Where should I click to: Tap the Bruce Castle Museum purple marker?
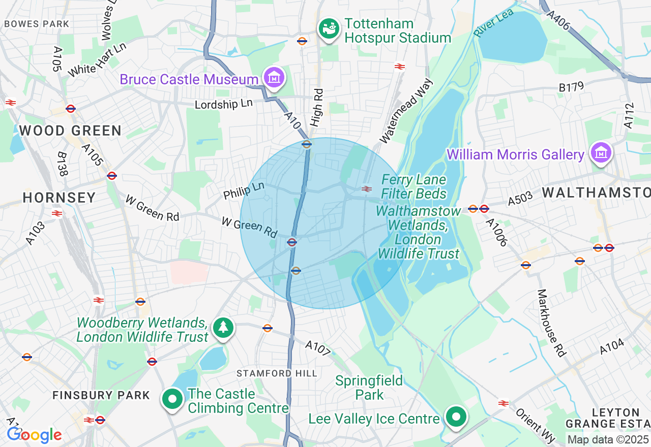click(274, 78)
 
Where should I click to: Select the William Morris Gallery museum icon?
click(601, 153)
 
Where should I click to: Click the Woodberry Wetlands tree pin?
click(223, 328)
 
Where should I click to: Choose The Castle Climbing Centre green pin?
click(172, 399)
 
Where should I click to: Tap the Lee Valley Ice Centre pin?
click(456, 417)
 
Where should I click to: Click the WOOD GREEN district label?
click(70, 131)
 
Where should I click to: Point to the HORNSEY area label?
click(59, 198)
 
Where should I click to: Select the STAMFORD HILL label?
click(277, 373)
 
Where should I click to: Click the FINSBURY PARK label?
click(102, 395)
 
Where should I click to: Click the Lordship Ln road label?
click(224, 104)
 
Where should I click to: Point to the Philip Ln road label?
click(244, 190)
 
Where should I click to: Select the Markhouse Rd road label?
click(552, 323)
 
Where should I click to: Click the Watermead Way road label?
click(406, 110)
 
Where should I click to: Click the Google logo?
click(34, 435)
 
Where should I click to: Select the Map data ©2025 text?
click(608, 439)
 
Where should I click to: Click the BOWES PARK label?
click(36, 24)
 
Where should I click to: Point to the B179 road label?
click(571, 87)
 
